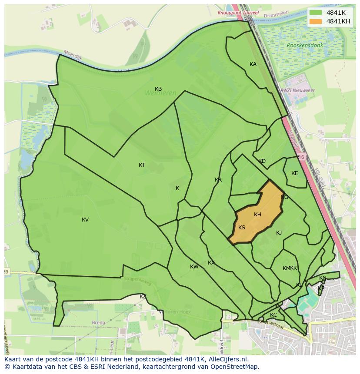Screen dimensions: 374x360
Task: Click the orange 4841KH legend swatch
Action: tap(316, 21)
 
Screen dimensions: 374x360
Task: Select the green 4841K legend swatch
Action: tap(316, 13)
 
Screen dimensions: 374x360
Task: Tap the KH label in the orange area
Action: tap(257, 215)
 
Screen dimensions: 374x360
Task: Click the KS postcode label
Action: tap(242, 228)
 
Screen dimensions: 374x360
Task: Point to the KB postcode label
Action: tap(158, 89)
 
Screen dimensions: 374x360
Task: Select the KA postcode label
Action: tap(253, 64)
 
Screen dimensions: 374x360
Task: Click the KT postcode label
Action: tap(142, 165)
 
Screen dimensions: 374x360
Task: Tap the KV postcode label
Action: tap(85, 220)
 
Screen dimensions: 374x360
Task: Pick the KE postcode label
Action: tap(295, 173)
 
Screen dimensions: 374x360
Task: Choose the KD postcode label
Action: tap(262, 161)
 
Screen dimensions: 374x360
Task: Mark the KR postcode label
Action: tap(218, 180)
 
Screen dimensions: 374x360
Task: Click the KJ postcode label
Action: tap(279, 233)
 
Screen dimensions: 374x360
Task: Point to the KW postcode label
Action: tap(194, 267)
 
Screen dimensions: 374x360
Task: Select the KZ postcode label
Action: tap(143, 296)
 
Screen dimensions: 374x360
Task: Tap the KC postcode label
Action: tap(273, 315)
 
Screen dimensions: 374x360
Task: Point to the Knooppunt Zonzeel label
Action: tap(238, 13)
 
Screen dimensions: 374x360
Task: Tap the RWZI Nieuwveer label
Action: tap(298, 90)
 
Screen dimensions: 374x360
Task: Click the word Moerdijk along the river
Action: tap(73, 54)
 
